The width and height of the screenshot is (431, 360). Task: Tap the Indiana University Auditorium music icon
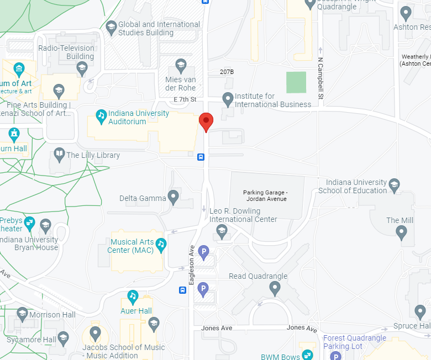point(101,115)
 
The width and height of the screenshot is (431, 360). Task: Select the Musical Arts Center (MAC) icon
point(161,243)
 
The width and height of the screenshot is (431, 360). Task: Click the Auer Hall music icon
point(133,297)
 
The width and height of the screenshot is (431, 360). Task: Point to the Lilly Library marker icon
point(60,154)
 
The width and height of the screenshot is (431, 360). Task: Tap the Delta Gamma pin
point(174,196)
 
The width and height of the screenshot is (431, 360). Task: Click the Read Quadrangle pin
point(275,287)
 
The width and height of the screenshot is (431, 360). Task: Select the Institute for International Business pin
point(228,99)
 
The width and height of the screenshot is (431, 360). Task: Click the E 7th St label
point(185,99)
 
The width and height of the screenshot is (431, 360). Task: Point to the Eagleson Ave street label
point(192,264)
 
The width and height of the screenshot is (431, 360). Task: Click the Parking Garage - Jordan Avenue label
point(265,195)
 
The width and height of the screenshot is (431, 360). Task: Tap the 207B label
point(227,72)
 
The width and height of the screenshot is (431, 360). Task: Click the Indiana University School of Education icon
point(394,184)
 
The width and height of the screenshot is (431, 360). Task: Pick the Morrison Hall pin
point(23,314)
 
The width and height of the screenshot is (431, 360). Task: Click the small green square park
point(296,82)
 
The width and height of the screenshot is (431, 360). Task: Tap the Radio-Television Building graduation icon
point(82,68)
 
